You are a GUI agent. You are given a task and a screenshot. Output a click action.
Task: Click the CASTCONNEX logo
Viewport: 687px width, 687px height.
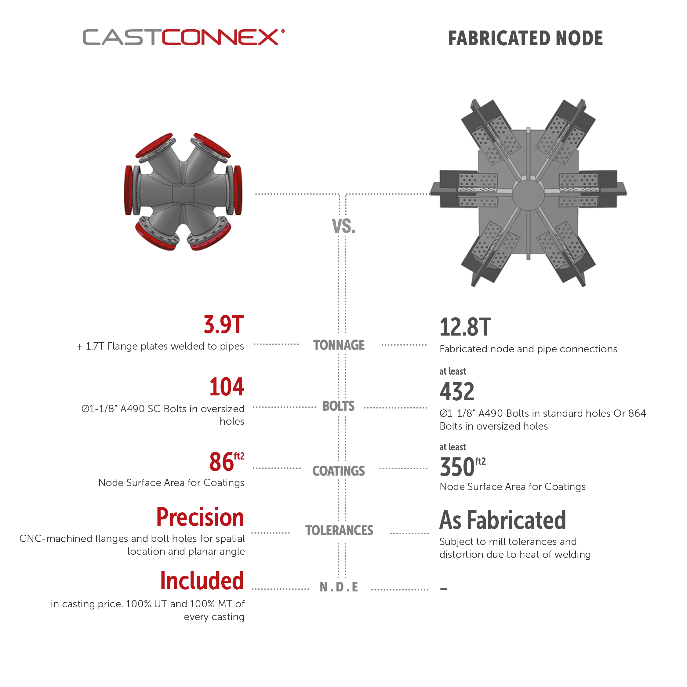[x=183, y=37]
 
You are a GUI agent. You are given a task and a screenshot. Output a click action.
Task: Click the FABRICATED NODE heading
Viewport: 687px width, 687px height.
[x=525, y=38]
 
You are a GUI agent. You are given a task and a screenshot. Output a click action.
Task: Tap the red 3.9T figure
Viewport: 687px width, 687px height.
[x=223, y=324]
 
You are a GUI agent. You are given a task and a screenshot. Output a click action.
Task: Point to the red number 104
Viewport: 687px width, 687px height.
[x=227, y=387]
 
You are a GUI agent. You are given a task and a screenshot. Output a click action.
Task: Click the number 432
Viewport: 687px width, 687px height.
[x=457, y=391]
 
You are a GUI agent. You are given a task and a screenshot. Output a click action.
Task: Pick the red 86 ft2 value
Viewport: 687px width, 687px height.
[x=227, y=462]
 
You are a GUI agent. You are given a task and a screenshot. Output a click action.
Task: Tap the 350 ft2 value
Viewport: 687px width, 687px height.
[x=462, y=467]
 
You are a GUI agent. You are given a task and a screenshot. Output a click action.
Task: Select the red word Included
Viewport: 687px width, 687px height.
[x=202, y=581]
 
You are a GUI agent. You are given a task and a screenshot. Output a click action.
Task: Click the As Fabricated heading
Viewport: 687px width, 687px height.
[x=503, y=520]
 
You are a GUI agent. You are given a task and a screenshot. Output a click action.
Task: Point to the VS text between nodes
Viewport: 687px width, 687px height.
[x=341, y=226]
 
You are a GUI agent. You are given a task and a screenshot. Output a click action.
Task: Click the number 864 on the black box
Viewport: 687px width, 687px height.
[x=637, y=413]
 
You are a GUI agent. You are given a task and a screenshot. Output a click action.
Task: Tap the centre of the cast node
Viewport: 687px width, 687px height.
[x=183, y=192]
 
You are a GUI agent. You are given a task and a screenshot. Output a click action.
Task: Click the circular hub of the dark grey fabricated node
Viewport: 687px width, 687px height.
[x=528, y=194]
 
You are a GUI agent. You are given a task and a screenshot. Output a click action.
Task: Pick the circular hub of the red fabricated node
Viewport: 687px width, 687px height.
[x=401, y=195]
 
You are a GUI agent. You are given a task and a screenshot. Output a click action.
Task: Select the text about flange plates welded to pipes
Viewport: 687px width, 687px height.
[x=160, y=346]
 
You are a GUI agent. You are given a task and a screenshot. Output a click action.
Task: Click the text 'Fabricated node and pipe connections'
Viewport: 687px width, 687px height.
[x=528, y=349]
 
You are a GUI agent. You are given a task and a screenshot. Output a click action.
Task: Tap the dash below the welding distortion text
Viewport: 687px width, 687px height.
[x=443, y=589]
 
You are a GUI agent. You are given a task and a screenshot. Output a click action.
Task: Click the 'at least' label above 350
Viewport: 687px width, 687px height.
[x=452, y=447]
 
